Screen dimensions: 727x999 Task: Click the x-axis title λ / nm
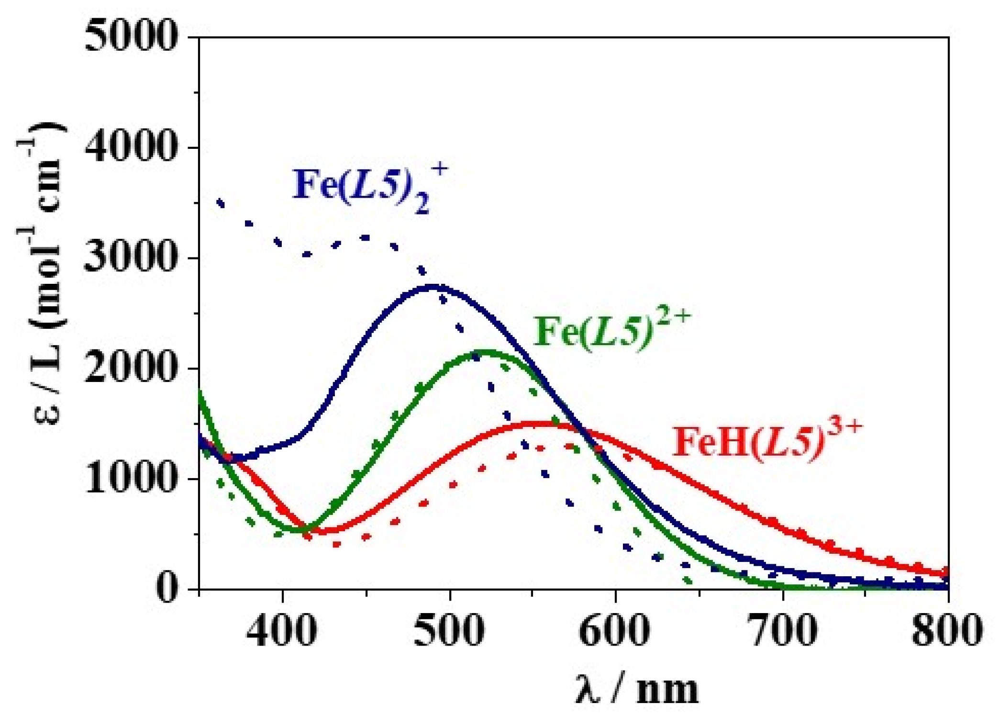pyautogui.click(x=636, y=689)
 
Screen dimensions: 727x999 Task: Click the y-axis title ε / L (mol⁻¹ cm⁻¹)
pyautogui.click(x=45, y=273)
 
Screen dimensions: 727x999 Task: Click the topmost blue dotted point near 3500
pyautogui.click(x=221, y=203)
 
